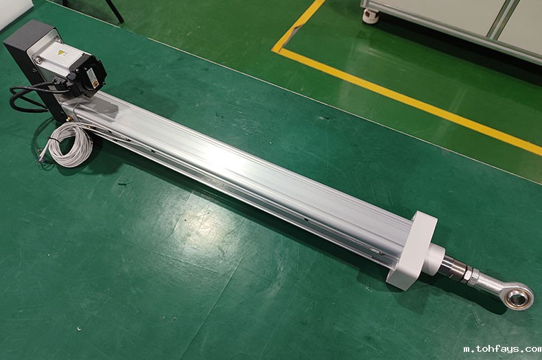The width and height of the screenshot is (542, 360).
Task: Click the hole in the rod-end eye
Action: (518, 297)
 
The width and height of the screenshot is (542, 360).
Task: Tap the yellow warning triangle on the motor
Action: (62, 53)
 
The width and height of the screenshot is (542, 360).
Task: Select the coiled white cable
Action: (71, 145)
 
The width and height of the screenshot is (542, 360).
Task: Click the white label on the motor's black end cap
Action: (93, 76)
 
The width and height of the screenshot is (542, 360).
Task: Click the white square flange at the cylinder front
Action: (411, 248)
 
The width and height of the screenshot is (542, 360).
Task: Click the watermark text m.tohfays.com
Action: (503, 349)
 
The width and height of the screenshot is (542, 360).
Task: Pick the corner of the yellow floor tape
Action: (276, 50)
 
